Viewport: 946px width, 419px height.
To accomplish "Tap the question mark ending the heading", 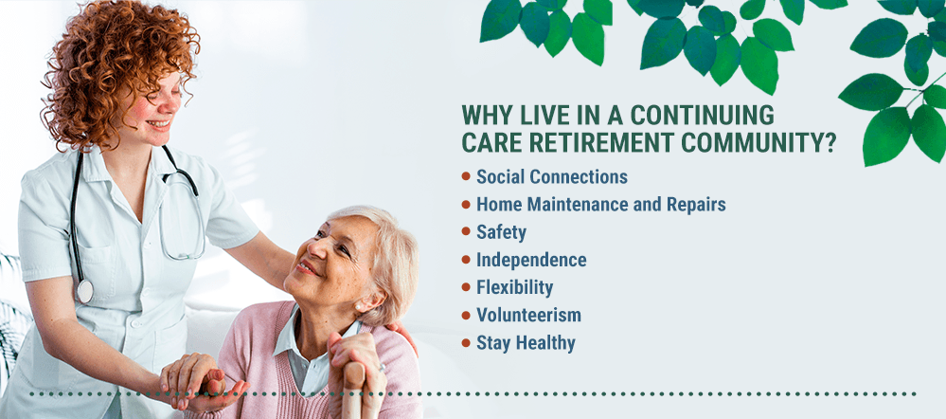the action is point(830,142).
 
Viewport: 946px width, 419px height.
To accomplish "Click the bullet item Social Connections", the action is point(552,177).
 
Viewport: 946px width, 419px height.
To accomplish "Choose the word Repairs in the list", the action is point(696,206).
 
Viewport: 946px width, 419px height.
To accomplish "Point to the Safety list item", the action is point(501,233).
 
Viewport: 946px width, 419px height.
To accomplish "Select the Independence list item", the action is point(531,260).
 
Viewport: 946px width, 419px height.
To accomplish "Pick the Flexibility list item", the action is point(514,288).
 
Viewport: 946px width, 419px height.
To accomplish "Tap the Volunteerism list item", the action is point(529,315).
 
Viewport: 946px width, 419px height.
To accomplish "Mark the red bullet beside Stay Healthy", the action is point(466,343).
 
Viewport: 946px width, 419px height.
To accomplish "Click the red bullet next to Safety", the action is point(466,232).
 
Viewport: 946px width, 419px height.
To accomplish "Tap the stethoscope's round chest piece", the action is point(84,292).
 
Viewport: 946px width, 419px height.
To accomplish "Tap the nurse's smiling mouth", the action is point(160,124).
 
